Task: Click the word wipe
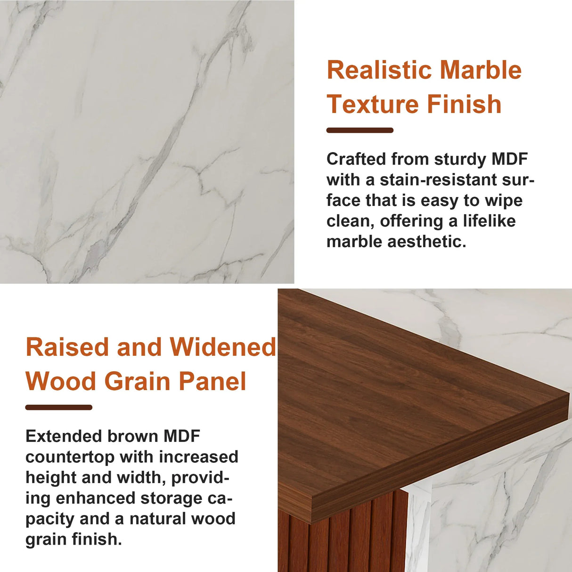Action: (x=504, y=201)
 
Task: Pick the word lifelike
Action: (x=489, y=221)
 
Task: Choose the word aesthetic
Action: (x=426, y=242)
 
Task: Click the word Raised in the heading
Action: (x=68, y=347)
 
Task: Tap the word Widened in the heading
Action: (x=223, y=347)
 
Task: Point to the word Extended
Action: (x=64, y=436)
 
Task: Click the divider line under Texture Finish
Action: (x=360, y=131)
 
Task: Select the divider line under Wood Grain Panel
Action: (x=59, y=408)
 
